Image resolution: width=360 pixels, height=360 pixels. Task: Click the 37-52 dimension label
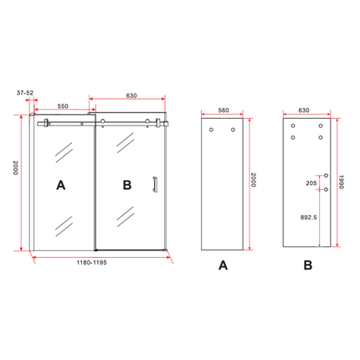[x=25, y=93]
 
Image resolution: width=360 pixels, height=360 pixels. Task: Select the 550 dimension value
[x=63, y=106]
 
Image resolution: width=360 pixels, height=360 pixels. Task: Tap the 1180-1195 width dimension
[x=91, y=263]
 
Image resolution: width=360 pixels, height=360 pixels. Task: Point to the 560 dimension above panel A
[x=224, y=111]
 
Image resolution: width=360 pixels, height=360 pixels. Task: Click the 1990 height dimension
[x=341, y=182]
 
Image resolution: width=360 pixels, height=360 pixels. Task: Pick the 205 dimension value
[x=311, y=183]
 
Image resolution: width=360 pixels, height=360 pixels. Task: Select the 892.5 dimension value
[x=309, y=217]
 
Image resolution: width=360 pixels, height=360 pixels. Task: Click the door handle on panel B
[x=154, y=184]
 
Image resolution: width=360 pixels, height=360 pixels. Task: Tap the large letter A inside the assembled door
[x=61, y=185]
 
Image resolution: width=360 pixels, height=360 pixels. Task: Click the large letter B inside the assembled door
[x=127, y=185]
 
